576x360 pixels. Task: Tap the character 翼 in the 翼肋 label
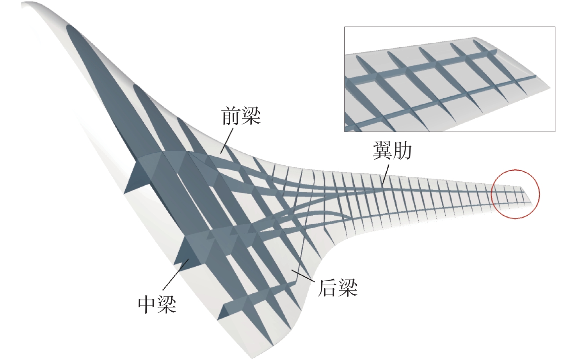[x=382, y=151]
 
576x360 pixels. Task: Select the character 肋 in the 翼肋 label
[x=402, y=151]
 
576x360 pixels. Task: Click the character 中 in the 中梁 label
[x=148, y=304]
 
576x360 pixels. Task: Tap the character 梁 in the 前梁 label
[x=251, y=116]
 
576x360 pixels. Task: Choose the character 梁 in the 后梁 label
[x=348, y=288]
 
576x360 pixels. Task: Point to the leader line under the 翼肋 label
[x=386, y=174]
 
